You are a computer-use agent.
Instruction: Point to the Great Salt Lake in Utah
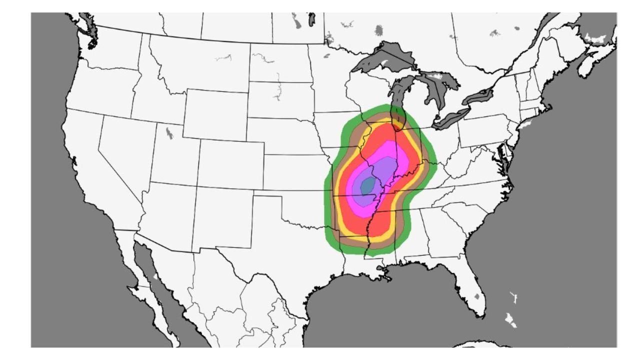pyautogui.click(x=169, y=133)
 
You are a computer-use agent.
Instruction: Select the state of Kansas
pyautogui.click(x=295, y=173)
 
